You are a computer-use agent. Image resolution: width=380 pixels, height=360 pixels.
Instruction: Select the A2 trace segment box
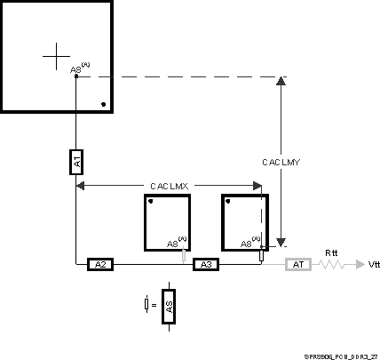point(100,264)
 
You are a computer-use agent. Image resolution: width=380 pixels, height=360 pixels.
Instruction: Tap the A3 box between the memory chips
point(205,264)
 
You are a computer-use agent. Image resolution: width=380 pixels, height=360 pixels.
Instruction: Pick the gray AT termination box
point(297,264)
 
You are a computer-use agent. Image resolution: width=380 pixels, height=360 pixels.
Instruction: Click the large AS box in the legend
point(169,306)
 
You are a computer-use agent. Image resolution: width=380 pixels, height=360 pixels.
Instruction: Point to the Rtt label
point(332,252)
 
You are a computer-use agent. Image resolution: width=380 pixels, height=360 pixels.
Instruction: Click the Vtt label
point(372,265)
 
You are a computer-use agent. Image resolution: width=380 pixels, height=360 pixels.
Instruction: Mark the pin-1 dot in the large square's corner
point(104,105)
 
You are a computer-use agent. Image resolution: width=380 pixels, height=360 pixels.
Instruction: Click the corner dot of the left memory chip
point(151,202)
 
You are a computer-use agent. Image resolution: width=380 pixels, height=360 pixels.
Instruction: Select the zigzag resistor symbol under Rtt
point(333,264)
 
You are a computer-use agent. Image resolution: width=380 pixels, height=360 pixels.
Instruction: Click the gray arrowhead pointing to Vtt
point(357,264)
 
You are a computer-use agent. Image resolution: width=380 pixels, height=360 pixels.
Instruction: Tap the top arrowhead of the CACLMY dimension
point(281,81)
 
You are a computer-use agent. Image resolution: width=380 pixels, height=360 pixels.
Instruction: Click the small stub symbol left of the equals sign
point(146,305)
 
